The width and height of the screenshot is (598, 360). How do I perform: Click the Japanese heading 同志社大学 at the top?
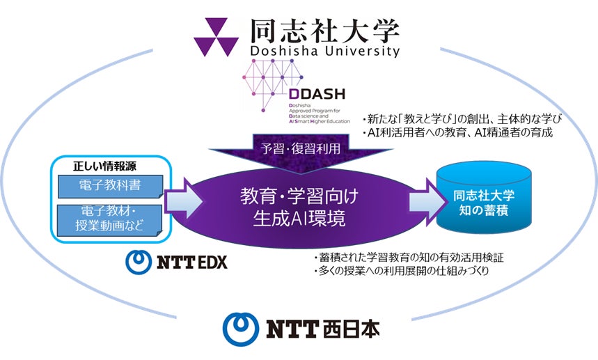(324, 29)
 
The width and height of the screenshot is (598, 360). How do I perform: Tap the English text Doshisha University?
(324, 52)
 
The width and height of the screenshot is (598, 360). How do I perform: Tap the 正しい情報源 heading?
(102, 166)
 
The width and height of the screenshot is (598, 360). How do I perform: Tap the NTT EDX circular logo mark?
(139, 262)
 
